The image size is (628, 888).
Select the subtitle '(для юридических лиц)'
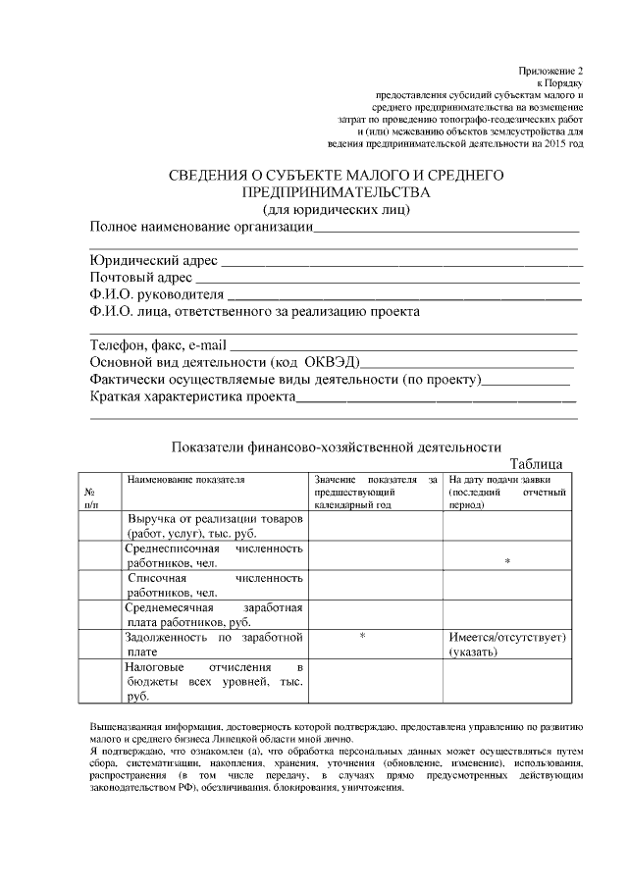tap(337, 210)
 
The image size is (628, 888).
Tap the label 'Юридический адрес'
tap(153, 262)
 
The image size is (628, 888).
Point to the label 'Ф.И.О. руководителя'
tap(157, 294)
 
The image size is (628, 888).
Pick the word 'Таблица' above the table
tap(536, 463)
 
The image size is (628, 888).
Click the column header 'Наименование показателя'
tap(184, 479)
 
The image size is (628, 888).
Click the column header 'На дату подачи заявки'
tap(506, 479)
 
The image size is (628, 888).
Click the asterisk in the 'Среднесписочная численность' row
tap(507, 561)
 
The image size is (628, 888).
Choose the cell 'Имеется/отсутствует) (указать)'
tap(507, 644)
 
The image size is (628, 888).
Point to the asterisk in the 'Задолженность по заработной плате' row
tap(362, 637)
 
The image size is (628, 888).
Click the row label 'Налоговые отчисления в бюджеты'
tap(215, 681)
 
